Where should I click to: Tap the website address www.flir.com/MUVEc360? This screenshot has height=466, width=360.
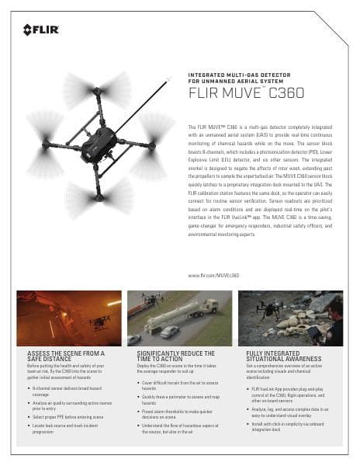pos(213,276)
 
